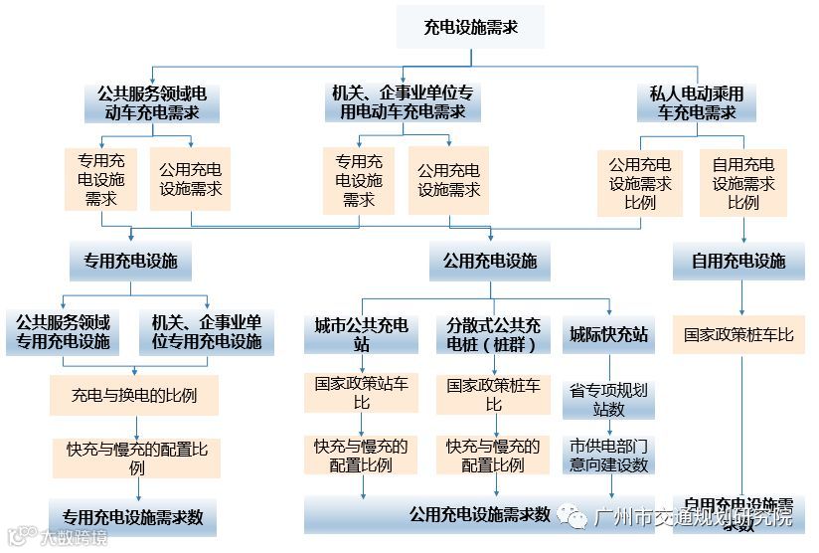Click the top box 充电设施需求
(470, 27)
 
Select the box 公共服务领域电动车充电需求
(151, 103)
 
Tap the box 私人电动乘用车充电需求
(697, 103)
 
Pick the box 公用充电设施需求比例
(639, 183)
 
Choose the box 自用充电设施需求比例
(742, 183)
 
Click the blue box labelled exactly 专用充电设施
(130, 262)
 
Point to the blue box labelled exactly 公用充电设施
(489, 262)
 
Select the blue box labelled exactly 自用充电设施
(742, 262)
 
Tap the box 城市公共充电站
(361, 334)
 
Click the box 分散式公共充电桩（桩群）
(493, 334)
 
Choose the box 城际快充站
(608, 334)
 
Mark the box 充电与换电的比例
(134, 395)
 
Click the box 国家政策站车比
(361, 393)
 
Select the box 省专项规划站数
(608, 399)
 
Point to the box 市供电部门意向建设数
(608, 456)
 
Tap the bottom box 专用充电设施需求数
(133, 517)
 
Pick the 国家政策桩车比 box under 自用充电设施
(739, 335)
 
